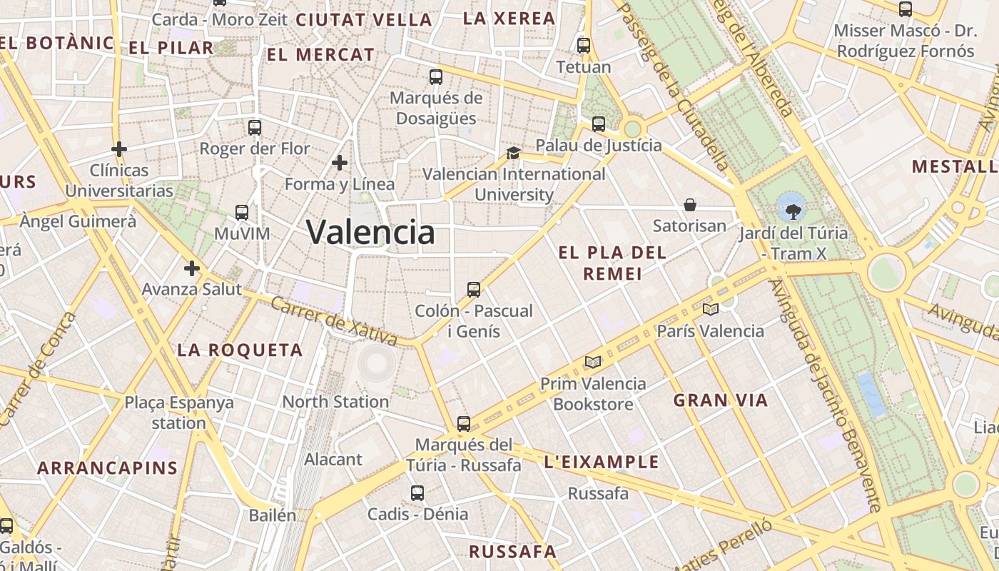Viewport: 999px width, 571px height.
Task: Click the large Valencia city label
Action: (370, 232)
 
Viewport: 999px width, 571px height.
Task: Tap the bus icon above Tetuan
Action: (584, 46)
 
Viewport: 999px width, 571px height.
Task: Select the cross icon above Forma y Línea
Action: (340, 163)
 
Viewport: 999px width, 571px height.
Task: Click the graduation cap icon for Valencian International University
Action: (513, 153)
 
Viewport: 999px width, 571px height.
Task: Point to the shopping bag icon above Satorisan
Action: (690, 206)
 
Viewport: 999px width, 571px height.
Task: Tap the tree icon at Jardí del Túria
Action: (792, 211)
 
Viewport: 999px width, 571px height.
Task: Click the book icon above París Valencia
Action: (710, 310)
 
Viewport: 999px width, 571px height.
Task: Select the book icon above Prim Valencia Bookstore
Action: (593, 362)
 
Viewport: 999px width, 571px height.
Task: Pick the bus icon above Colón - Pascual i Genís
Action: (474, 290)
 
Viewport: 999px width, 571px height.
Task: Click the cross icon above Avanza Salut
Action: (191, 269)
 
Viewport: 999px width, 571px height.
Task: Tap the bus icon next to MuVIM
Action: (242, 213)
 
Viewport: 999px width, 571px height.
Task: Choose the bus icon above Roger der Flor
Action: (255, 128)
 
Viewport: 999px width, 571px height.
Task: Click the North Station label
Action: (335, 402)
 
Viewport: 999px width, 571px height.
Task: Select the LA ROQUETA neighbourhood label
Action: (240, 350)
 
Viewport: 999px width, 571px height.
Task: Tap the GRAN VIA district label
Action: (721, 400)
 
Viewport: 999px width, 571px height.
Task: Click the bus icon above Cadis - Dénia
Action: (417, 493)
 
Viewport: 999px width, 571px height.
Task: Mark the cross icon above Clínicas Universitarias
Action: (119, 149)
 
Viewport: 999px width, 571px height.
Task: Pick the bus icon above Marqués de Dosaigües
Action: (436, 77)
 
